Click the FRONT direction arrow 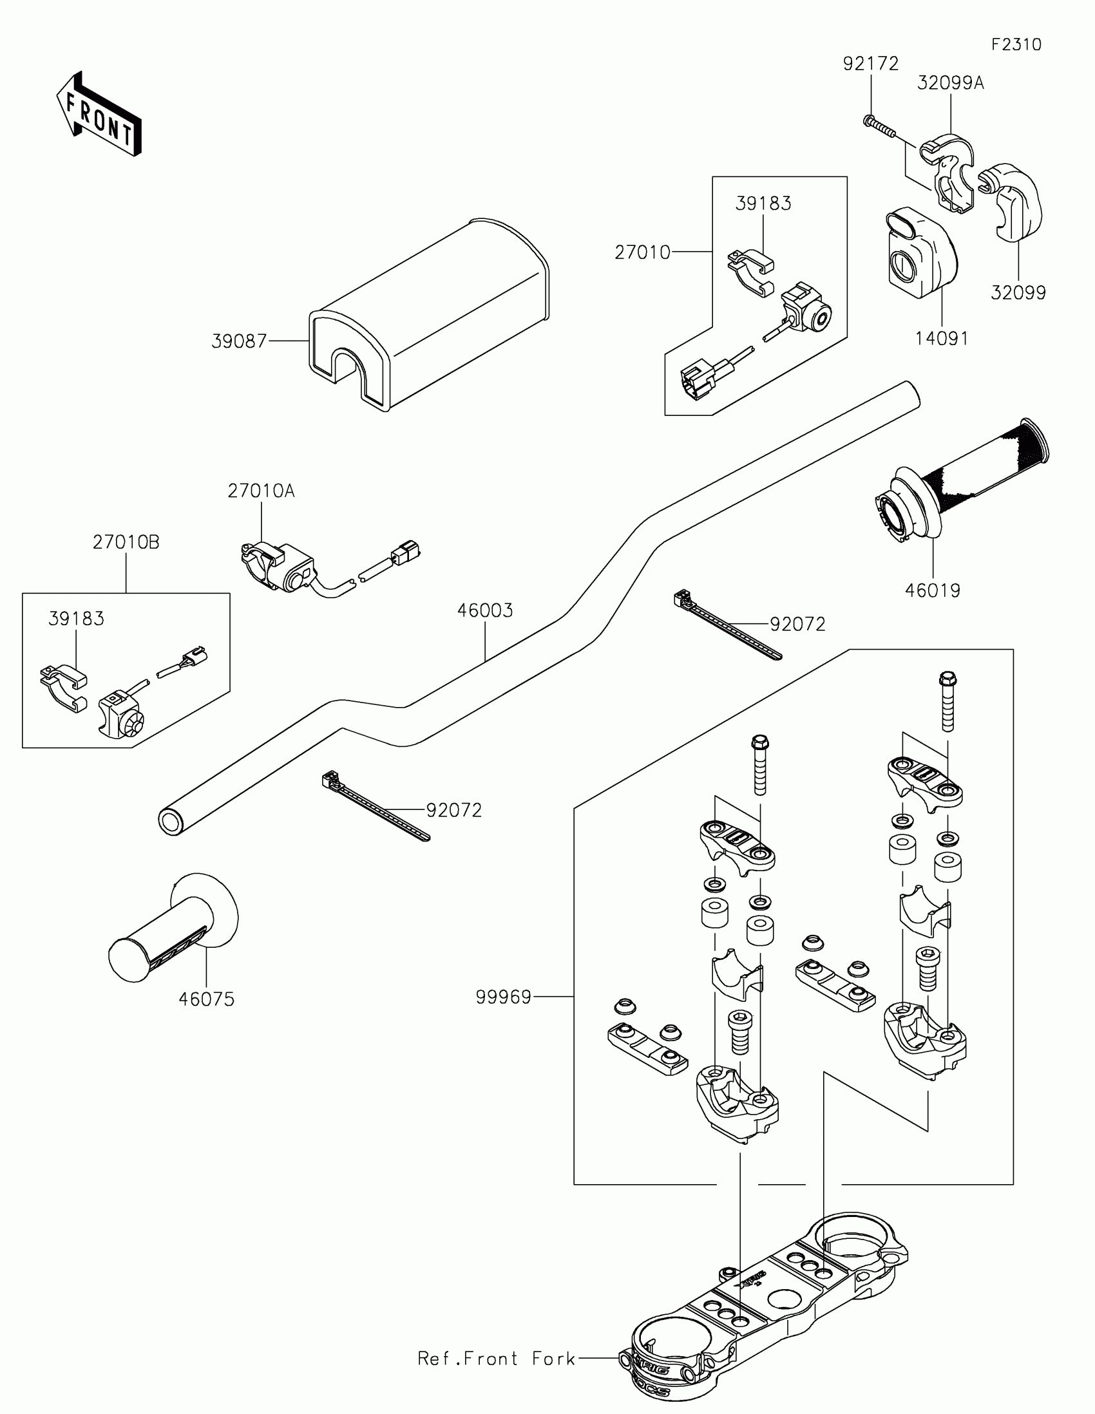pyautogui.click(x=99, y=115)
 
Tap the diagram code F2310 pyautogui.click(x=1016, y=44)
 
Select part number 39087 pyautogui.click(x=239, y=341)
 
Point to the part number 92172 pyautogui.click(x=870, y=64)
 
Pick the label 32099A pyautogui.click(x=950, y=83)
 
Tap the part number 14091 pyautogui.click(x=942, y=338)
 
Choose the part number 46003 pyautogui.click(x=485, y=610)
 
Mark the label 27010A pyautogui.click(x=261, y=491)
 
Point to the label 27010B pyautogui.click(x=126, y=542)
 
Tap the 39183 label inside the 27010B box pyautogui.click(x=77, y=619)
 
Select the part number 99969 pyautogui.click(x=503, y=997)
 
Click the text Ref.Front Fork pyautogui.click(x=496, y=1359)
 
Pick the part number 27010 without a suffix pyautogui.click(x=642, y=252)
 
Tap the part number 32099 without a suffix pyautogui.click(x=1018, y=292)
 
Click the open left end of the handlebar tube pyautogui.click(x=171, y=822)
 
